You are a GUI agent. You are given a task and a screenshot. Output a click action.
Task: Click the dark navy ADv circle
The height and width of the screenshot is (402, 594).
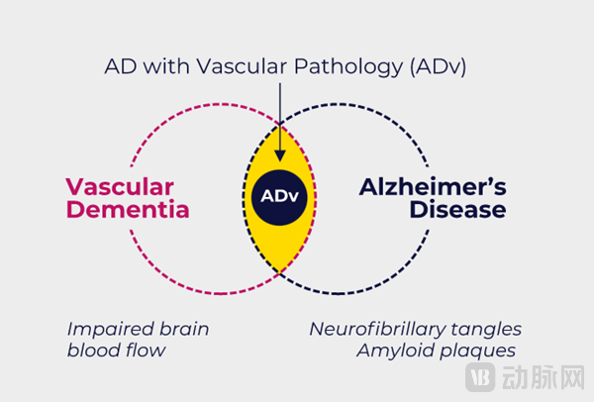279,195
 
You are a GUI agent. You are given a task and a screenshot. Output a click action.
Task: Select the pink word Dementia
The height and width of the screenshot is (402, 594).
128,211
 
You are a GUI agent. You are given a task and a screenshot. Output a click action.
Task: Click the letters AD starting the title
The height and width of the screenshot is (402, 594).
119,66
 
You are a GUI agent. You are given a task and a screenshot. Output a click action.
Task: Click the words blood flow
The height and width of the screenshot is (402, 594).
114,352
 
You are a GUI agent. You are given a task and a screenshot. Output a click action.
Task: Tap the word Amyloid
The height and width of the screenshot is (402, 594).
395,352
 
